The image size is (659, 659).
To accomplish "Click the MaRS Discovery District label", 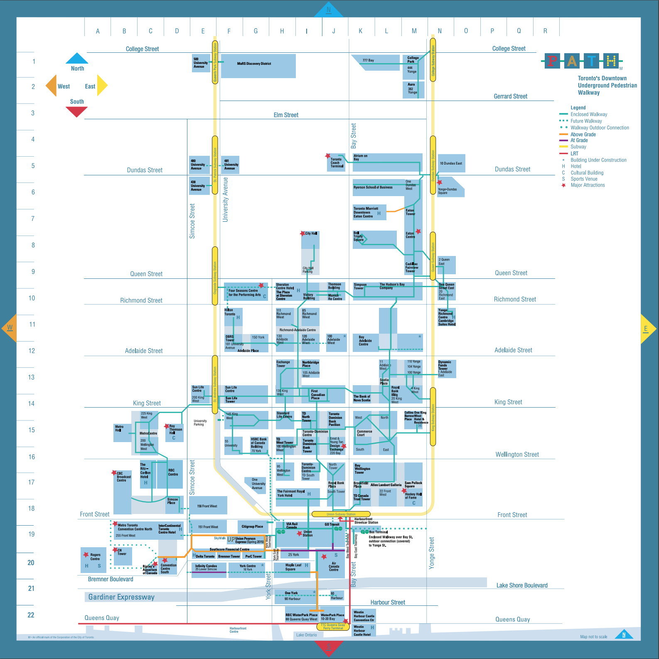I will (x=254, y=64).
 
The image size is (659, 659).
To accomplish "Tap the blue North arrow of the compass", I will (x=77, y=58).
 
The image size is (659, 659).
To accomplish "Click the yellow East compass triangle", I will (x=102, y=85).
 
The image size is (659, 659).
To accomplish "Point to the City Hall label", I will (x=311, y=234).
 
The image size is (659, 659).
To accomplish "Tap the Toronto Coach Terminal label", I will (x=337, y=162).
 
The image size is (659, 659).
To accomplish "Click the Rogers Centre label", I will (x=95, y=557).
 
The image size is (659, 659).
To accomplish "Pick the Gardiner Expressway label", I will (x=121, y=597).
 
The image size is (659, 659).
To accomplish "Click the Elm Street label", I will (x=286, y=115).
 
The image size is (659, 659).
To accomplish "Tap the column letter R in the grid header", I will (x=545, y=31).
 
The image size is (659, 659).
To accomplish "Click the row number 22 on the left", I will (x=31, y=615).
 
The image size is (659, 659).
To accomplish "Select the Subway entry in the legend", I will (x=578, y=147).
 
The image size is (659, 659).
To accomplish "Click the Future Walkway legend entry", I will (x=586, y=121).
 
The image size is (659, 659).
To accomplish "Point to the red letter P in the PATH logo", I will (x=552, y=61).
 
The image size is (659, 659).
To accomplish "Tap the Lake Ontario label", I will (x=306, y=635).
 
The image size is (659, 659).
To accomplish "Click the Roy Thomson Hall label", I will (x=175, y=429).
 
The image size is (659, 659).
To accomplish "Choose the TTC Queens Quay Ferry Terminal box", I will (x=333, y=626).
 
